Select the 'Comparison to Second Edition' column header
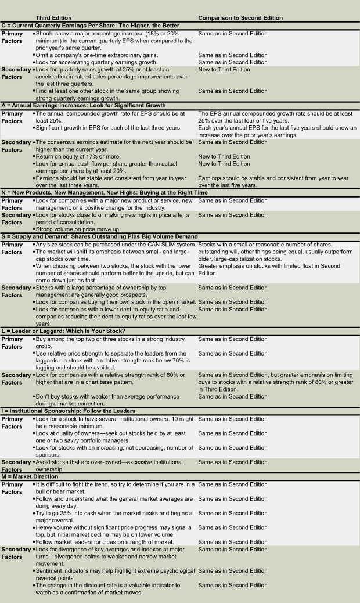(240, 18)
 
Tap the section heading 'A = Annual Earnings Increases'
(84, 106)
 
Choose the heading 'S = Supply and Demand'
(99, 236)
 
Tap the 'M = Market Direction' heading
(30, 477)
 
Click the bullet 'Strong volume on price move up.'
(77, 229)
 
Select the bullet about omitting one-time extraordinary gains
(96, 55)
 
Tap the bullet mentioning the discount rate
(108, 588)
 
